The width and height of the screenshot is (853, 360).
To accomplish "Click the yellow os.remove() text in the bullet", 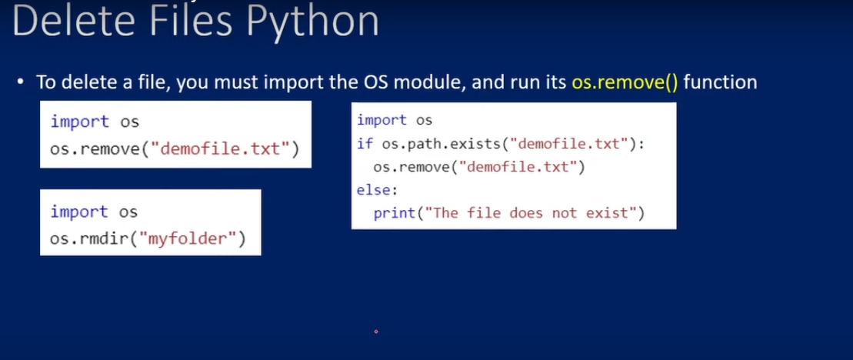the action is pyautogui.click(x=625, y=82).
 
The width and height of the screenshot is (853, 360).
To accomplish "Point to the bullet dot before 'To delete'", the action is pyautogui.click(x=21, y=82).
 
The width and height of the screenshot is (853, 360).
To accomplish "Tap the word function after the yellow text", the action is pyautogui.click(x=720, y=82).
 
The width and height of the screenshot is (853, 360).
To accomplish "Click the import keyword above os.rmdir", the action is pyautogui.click(x=79, y=212).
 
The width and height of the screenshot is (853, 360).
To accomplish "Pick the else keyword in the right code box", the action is pyautogui.click(x=375, y=190).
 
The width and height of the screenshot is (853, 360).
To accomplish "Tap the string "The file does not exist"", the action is pyautogui.click(x=531, y=212).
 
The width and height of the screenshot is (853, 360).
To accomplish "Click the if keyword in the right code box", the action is pyautogui.click(x=364, y=144).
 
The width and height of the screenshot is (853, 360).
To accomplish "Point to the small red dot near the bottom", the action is pyautogui.click(x=376, y=332).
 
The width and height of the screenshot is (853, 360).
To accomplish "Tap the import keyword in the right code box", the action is pyautogui.click(x=382, y=120).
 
